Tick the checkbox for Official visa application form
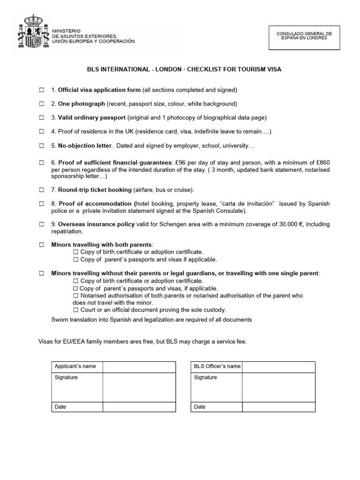click(x=41, y=90)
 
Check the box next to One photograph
click(x=41, y=104)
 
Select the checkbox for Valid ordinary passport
click(x=41, y=118)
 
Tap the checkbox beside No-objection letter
click(x=41, y=146)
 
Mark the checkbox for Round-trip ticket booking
click(x=41, y=190)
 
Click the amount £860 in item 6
click(x=322, y=162)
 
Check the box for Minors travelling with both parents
click(x=41, y=245)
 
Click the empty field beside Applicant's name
click(x=139, y=367)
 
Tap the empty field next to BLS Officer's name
click(x=278, y=367)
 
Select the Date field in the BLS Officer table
click(x=278, y=407)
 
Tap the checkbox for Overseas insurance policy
click(x=41, y=225)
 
